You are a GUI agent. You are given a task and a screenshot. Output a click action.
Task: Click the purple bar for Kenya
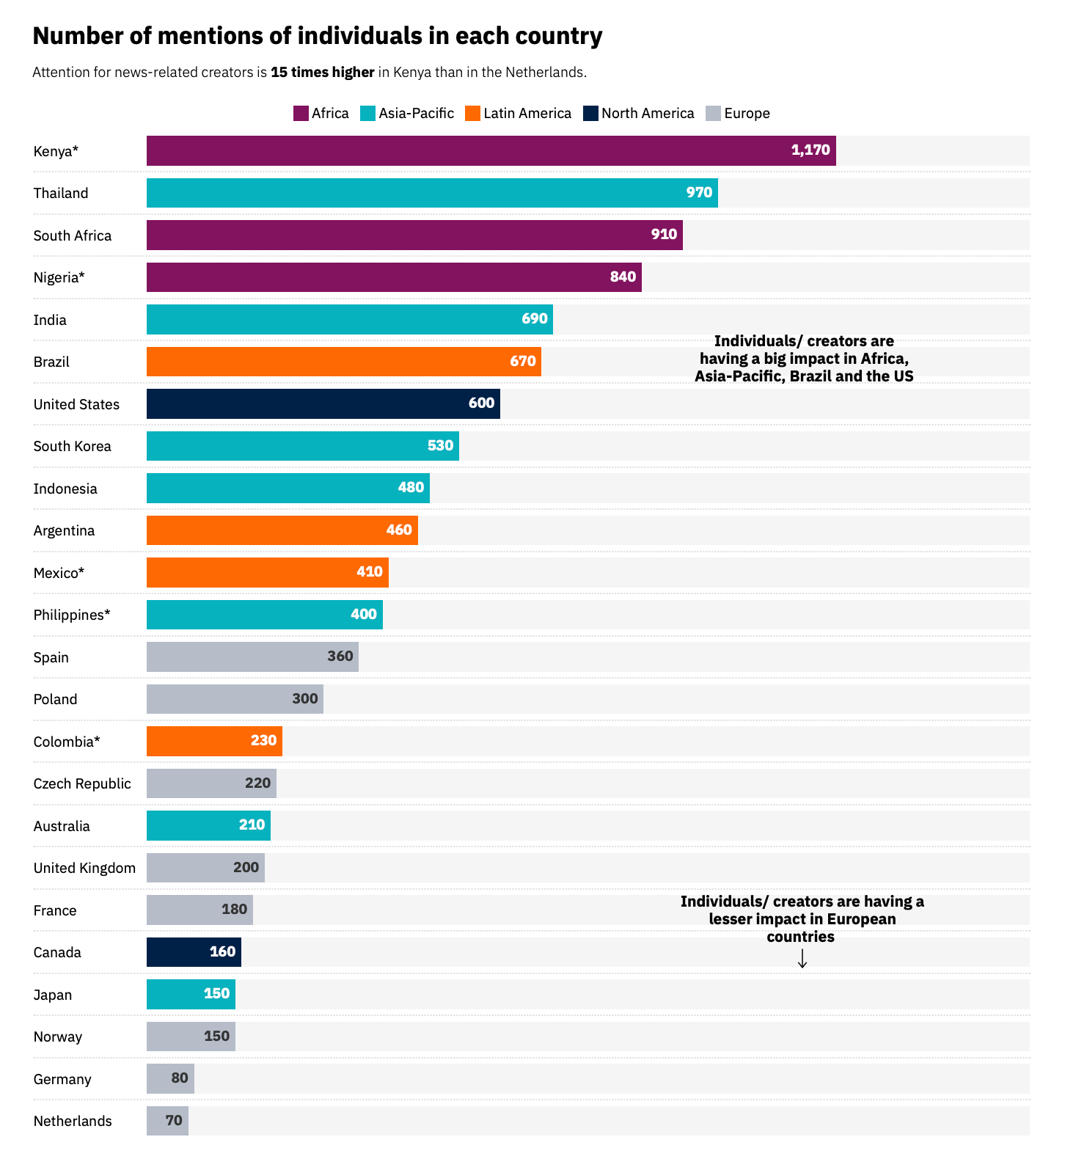[491, 150]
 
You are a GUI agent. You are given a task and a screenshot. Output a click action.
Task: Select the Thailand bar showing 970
[432, 193]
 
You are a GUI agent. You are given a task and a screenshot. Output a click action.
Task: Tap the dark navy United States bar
[323, 404]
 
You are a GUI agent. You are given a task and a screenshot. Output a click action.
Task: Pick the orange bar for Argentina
[282, 530]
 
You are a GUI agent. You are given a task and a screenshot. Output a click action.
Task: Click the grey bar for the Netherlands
[167, 1121]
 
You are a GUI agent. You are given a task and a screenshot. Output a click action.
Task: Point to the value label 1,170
[810, 150]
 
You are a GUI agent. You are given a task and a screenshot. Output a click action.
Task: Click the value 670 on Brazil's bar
[523, 362]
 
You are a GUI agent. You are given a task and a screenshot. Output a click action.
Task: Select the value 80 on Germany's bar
[180, 1078]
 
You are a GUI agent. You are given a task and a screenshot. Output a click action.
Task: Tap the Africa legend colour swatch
[301, 113]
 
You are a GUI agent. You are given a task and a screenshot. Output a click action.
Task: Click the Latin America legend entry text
[527, 113]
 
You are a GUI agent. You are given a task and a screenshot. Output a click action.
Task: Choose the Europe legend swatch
[713, 113]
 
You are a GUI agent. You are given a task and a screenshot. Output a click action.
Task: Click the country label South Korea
[73, 446]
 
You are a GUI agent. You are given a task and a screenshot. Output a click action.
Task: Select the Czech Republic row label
[82, 783]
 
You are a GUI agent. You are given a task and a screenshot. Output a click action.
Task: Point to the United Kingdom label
[84, 868]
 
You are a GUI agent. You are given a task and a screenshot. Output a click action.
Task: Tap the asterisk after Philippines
[107, 613]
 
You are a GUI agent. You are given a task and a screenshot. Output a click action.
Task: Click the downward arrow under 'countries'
[802, 958]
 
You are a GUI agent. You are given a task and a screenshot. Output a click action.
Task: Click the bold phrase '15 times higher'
[323, 72]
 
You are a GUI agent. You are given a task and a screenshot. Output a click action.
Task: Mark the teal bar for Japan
[191, 994]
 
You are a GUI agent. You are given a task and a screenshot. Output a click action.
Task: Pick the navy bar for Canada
[194, 952]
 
